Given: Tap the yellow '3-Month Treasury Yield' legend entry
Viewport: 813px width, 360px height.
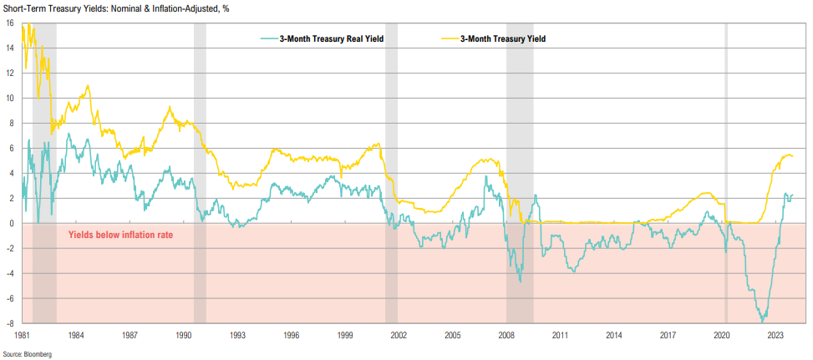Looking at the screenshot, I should pos(503,39).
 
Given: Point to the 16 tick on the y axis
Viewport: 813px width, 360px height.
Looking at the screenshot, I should pos(8,23).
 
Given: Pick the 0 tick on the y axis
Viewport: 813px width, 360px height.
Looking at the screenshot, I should pos(10,223).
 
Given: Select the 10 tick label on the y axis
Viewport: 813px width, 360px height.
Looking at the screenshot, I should pos(8,98).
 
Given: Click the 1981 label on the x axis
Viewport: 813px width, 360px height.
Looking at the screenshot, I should pos(22,335).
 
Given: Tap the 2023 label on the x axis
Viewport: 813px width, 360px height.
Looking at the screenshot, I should pos(775,335).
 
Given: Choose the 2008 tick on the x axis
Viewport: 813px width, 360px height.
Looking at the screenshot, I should pos(506,335).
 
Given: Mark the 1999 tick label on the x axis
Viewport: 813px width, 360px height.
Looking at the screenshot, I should pos(345,335).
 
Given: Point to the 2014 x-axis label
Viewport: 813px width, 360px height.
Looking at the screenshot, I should pos(614,335).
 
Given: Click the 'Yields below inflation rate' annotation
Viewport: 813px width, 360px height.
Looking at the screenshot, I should pos(120,236).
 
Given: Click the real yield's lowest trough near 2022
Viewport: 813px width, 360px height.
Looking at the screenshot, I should pos(762,321).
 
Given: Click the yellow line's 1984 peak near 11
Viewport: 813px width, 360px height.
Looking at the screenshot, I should pos(88,86).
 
